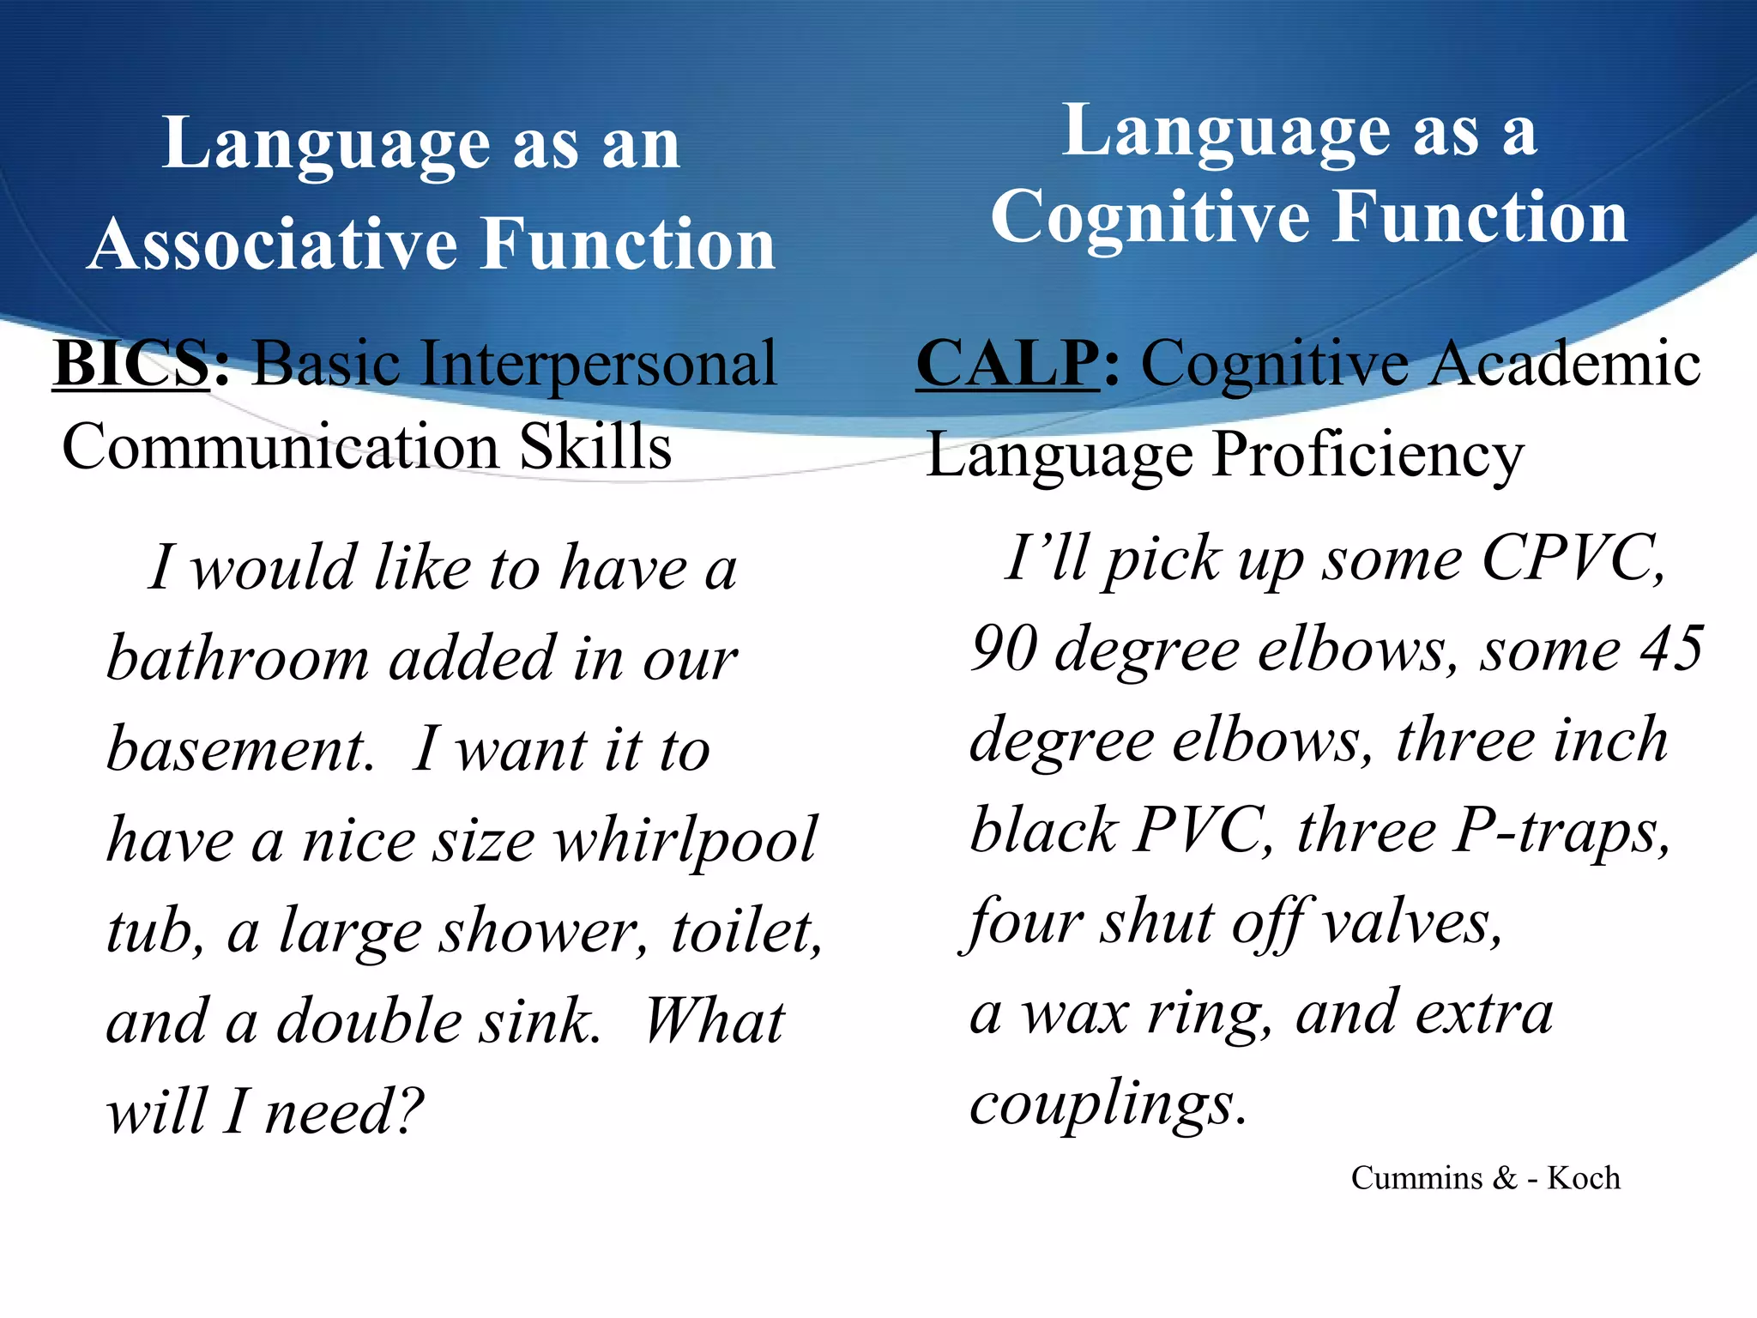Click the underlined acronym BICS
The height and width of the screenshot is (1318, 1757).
[131, 364]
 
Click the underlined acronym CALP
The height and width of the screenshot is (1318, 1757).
[1007, 364]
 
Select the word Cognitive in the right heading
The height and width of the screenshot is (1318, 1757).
[1150, 218]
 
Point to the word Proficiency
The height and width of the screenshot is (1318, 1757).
[1368, 456]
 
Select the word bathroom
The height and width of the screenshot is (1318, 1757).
[238, 659]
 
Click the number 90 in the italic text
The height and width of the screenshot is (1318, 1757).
[1004, 650]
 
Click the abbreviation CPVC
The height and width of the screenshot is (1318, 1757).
[1573, 559]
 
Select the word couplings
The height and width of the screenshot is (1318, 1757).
[1107, 1105]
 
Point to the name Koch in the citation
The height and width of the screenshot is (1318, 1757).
[1583, 1178]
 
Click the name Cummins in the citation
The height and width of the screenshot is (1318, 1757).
[1416, 1178]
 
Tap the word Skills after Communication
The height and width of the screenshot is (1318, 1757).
[595, 447]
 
